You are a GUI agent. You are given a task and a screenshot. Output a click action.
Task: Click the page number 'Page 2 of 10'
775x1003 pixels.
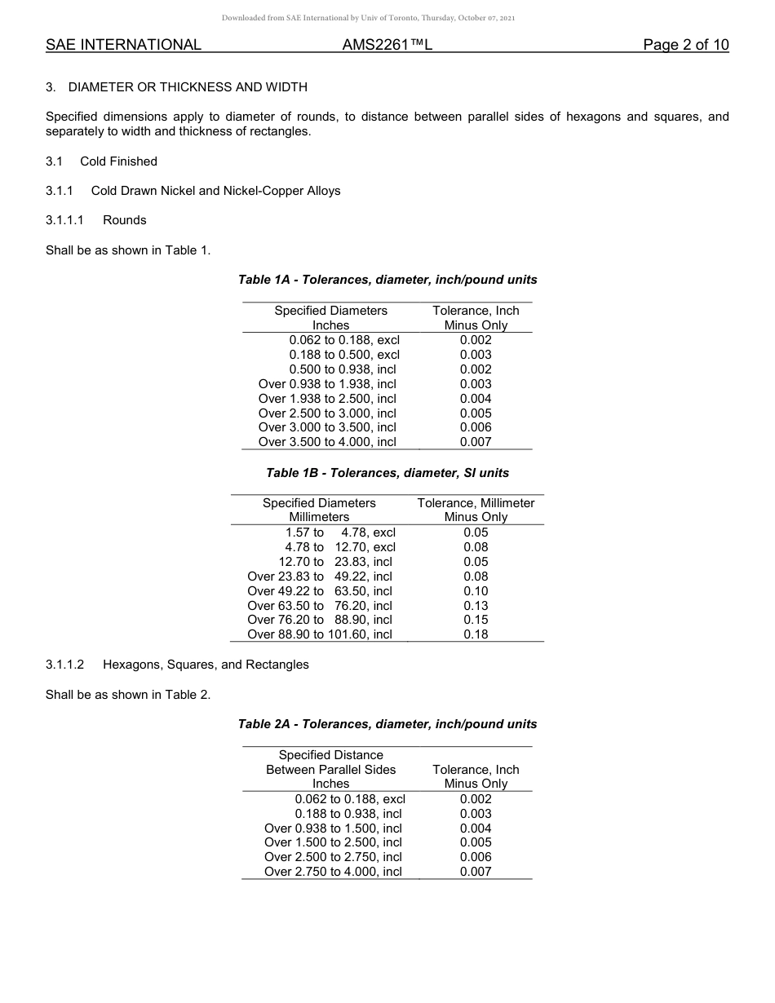(685, 45)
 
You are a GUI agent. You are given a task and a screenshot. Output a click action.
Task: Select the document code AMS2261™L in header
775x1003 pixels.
(387, 45)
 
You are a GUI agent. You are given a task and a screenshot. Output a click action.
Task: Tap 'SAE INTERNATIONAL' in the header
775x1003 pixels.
(123, 45)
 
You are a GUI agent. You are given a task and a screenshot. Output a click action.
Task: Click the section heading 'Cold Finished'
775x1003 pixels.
(118, 161)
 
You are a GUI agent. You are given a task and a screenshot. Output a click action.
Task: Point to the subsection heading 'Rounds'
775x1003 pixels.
(124, 220)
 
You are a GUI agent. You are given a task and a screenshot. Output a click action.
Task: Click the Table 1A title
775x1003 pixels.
(387, 280)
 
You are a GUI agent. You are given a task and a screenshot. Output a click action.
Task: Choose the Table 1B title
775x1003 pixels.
(387, 473)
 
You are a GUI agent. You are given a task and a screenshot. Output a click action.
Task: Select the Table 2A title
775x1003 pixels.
(387, 724)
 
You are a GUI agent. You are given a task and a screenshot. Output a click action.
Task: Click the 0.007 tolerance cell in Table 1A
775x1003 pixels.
(476, 442)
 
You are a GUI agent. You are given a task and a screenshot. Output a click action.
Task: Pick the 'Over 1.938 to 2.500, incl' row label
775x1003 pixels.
(327, 399)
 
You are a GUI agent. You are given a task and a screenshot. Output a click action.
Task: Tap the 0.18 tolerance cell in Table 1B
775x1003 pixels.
(476, 634)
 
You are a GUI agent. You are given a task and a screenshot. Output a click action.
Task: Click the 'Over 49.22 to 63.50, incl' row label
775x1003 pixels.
(320, 591)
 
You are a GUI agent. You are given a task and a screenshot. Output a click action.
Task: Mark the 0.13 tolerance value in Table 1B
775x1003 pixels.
(476, 606)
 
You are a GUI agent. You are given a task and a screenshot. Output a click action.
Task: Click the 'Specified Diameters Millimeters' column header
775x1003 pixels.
(319, 510)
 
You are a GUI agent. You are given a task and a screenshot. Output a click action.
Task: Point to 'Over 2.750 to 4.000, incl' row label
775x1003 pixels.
(333, 872)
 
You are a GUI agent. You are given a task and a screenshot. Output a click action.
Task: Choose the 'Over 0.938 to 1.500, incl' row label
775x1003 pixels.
(333, 828)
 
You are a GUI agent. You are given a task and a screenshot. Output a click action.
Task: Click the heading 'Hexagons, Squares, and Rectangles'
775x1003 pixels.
(206, 665)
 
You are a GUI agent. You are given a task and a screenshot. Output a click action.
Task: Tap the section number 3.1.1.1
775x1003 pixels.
(65, 220)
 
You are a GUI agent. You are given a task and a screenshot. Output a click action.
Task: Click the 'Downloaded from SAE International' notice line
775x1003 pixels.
(368, 18)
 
